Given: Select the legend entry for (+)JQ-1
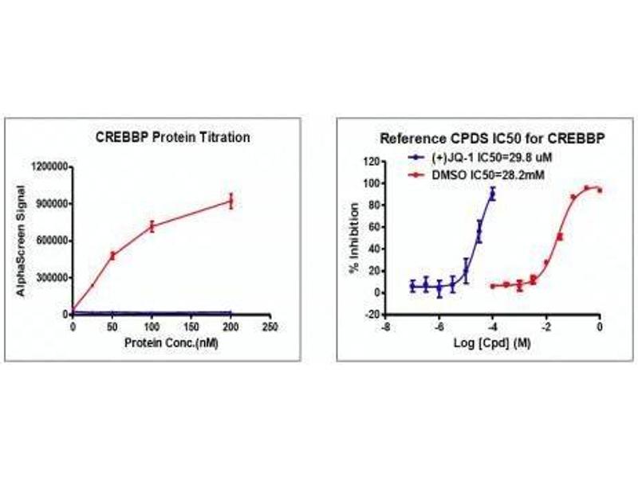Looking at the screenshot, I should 482,157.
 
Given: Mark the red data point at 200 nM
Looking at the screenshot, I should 231,201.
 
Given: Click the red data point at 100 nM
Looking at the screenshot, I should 152,226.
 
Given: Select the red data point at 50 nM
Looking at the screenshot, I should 112,255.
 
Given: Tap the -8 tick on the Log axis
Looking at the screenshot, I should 385,326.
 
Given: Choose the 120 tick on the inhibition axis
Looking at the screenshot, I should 369,161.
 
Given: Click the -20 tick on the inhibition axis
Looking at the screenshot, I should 369,315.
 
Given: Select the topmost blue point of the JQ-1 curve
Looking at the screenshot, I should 493,194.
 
